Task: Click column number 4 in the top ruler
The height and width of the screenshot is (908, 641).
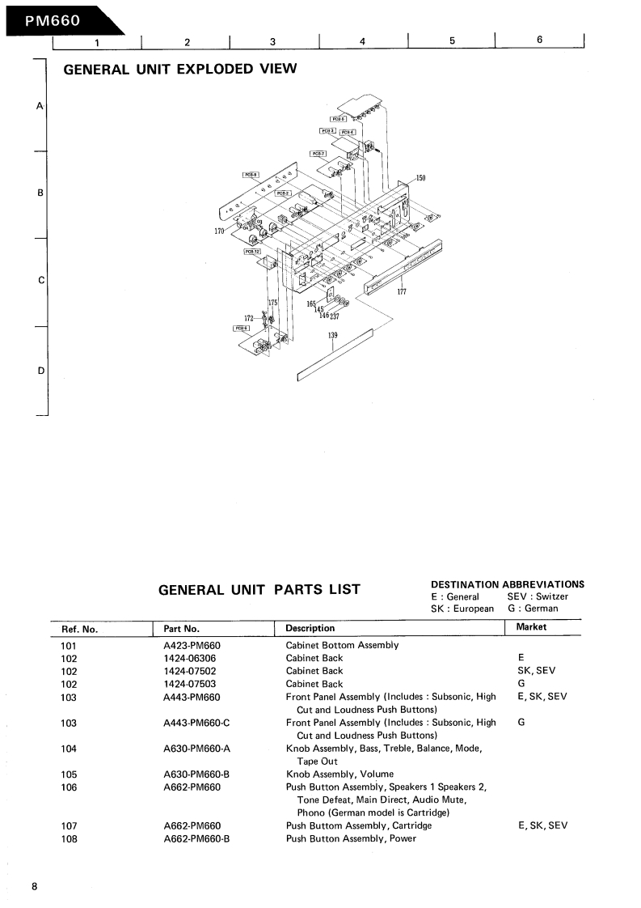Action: pos(362,41)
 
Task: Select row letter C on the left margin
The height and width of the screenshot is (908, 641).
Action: pos(40,280)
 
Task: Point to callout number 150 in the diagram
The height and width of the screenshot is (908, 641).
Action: pos(420,178)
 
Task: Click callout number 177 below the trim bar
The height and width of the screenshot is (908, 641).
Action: pos(402,292)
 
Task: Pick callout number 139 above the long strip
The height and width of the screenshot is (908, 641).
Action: pos(332,335)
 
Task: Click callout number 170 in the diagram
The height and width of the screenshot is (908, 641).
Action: pos(219,231)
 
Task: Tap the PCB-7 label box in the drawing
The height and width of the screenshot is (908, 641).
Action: pos(318,153)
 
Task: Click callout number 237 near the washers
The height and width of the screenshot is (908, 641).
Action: pos(334,316)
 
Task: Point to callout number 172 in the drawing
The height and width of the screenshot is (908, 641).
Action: pos(249,318)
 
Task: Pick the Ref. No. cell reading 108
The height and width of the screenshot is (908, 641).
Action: pos(69,838)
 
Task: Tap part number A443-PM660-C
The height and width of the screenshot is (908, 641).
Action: pos(196,723)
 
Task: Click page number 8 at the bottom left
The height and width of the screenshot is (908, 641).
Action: pos(34,887)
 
